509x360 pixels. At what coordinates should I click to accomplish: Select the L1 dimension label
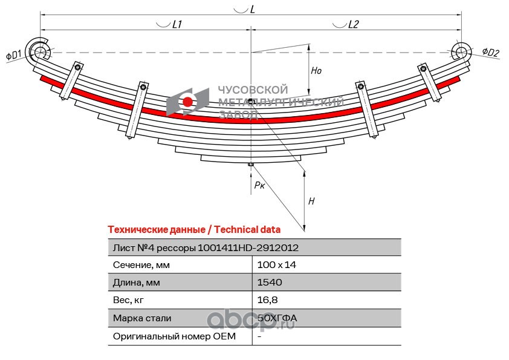pyautogui.click(x=178, y=25)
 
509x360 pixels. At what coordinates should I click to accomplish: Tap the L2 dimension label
pyautogui.click(x=354, y=25)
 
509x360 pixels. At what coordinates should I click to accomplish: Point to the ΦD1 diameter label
pyautogui.click(x=13, y=55)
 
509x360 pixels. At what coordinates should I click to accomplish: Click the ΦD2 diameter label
pyautogui.click(x=490, y=53)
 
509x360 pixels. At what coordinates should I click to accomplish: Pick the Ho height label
pyautogui.click(x=316, y=71)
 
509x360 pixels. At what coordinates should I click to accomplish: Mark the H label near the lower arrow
pyautogui.click(x=311, y=201)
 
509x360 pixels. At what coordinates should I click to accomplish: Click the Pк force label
pyautogui.click(x=259, y=185)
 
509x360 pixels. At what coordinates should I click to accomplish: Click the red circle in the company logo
pyautogui.click(x=188, y=102)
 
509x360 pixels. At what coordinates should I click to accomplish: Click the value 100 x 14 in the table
pyautogui.click(x=277, y=265)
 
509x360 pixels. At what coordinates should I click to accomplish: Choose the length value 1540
pyautogui.click(x=270, y=283)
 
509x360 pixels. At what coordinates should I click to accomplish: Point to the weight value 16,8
pyautogui.click(x=266, y=300)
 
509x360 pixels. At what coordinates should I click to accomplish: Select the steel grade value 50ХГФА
pyautogui.click(x=277, y=318)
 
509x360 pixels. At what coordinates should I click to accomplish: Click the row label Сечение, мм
pyautogui.click(x=141, y=265)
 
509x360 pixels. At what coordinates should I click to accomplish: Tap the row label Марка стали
pyautogui.click(x=142, y=318)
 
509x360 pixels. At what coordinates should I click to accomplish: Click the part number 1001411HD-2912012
pyautogui.click(x=248, y=247)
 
